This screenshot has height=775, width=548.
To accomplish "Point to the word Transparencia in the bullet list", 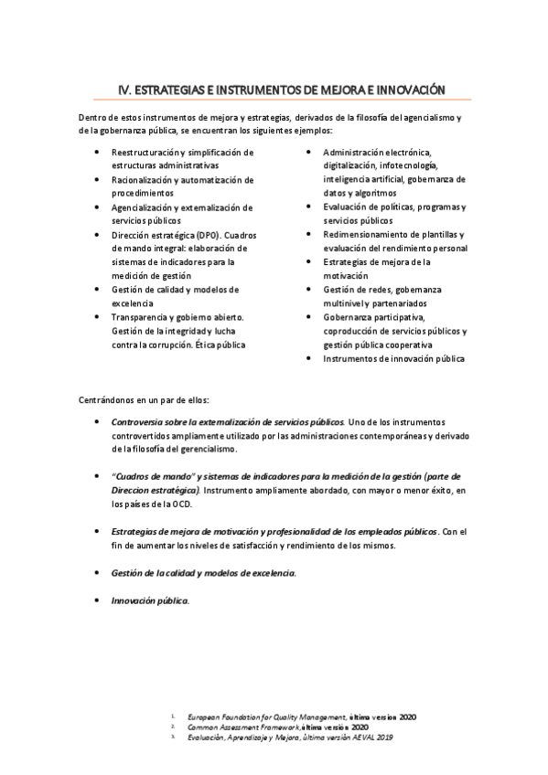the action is pos(143,316).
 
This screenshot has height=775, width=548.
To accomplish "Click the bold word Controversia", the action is pos(139,421).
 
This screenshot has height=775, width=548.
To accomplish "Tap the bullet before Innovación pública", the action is pos(98,600).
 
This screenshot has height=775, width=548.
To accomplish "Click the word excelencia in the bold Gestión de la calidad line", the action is pos(270,572).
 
